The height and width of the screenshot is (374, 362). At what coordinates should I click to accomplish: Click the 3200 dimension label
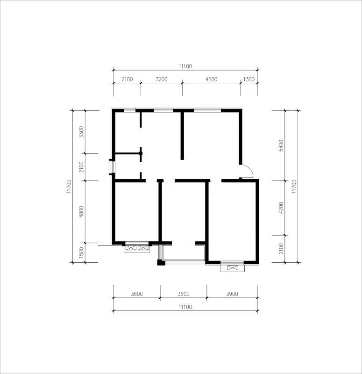pos(161,79)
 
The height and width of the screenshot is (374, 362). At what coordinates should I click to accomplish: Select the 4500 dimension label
pos(212,79)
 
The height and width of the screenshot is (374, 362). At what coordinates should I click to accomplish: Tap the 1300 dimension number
pos(249,79)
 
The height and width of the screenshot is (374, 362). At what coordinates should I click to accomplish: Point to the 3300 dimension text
pos(81,132)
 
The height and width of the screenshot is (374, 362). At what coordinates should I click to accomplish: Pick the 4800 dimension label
pos(81,212)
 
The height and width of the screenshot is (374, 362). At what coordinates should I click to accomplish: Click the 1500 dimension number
pos(81,252)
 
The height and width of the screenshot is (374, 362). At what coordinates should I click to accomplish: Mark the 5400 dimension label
pos(281,145)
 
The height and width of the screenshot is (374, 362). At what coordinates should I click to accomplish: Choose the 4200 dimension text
pos(281,208)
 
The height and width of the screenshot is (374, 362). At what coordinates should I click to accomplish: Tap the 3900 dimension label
pos(232,294)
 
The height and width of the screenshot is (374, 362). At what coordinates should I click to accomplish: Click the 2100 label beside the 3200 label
pos(127,79)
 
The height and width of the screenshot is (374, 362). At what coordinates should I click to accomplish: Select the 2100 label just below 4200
pos(281,249)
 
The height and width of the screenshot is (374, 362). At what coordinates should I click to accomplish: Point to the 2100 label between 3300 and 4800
pos(81,167)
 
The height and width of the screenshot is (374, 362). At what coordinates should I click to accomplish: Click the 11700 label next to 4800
pos(69,186)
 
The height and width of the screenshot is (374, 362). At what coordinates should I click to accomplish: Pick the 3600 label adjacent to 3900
pos(184,294)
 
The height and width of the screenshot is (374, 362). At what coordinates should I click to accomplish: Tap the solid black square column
pos(161,262)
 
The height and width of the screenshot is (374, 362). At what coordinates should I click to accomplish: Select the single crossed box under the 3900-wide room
pos(232,268)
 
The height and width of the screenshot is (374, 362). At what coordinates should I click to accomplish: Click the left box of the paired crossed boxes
pos(131,248)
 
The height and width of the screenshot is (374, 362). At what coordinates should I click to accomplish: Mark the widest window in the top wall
pos(207,110)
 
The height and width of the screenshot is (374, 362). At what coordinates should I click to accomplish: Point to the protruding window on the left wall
pos(112,167)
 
